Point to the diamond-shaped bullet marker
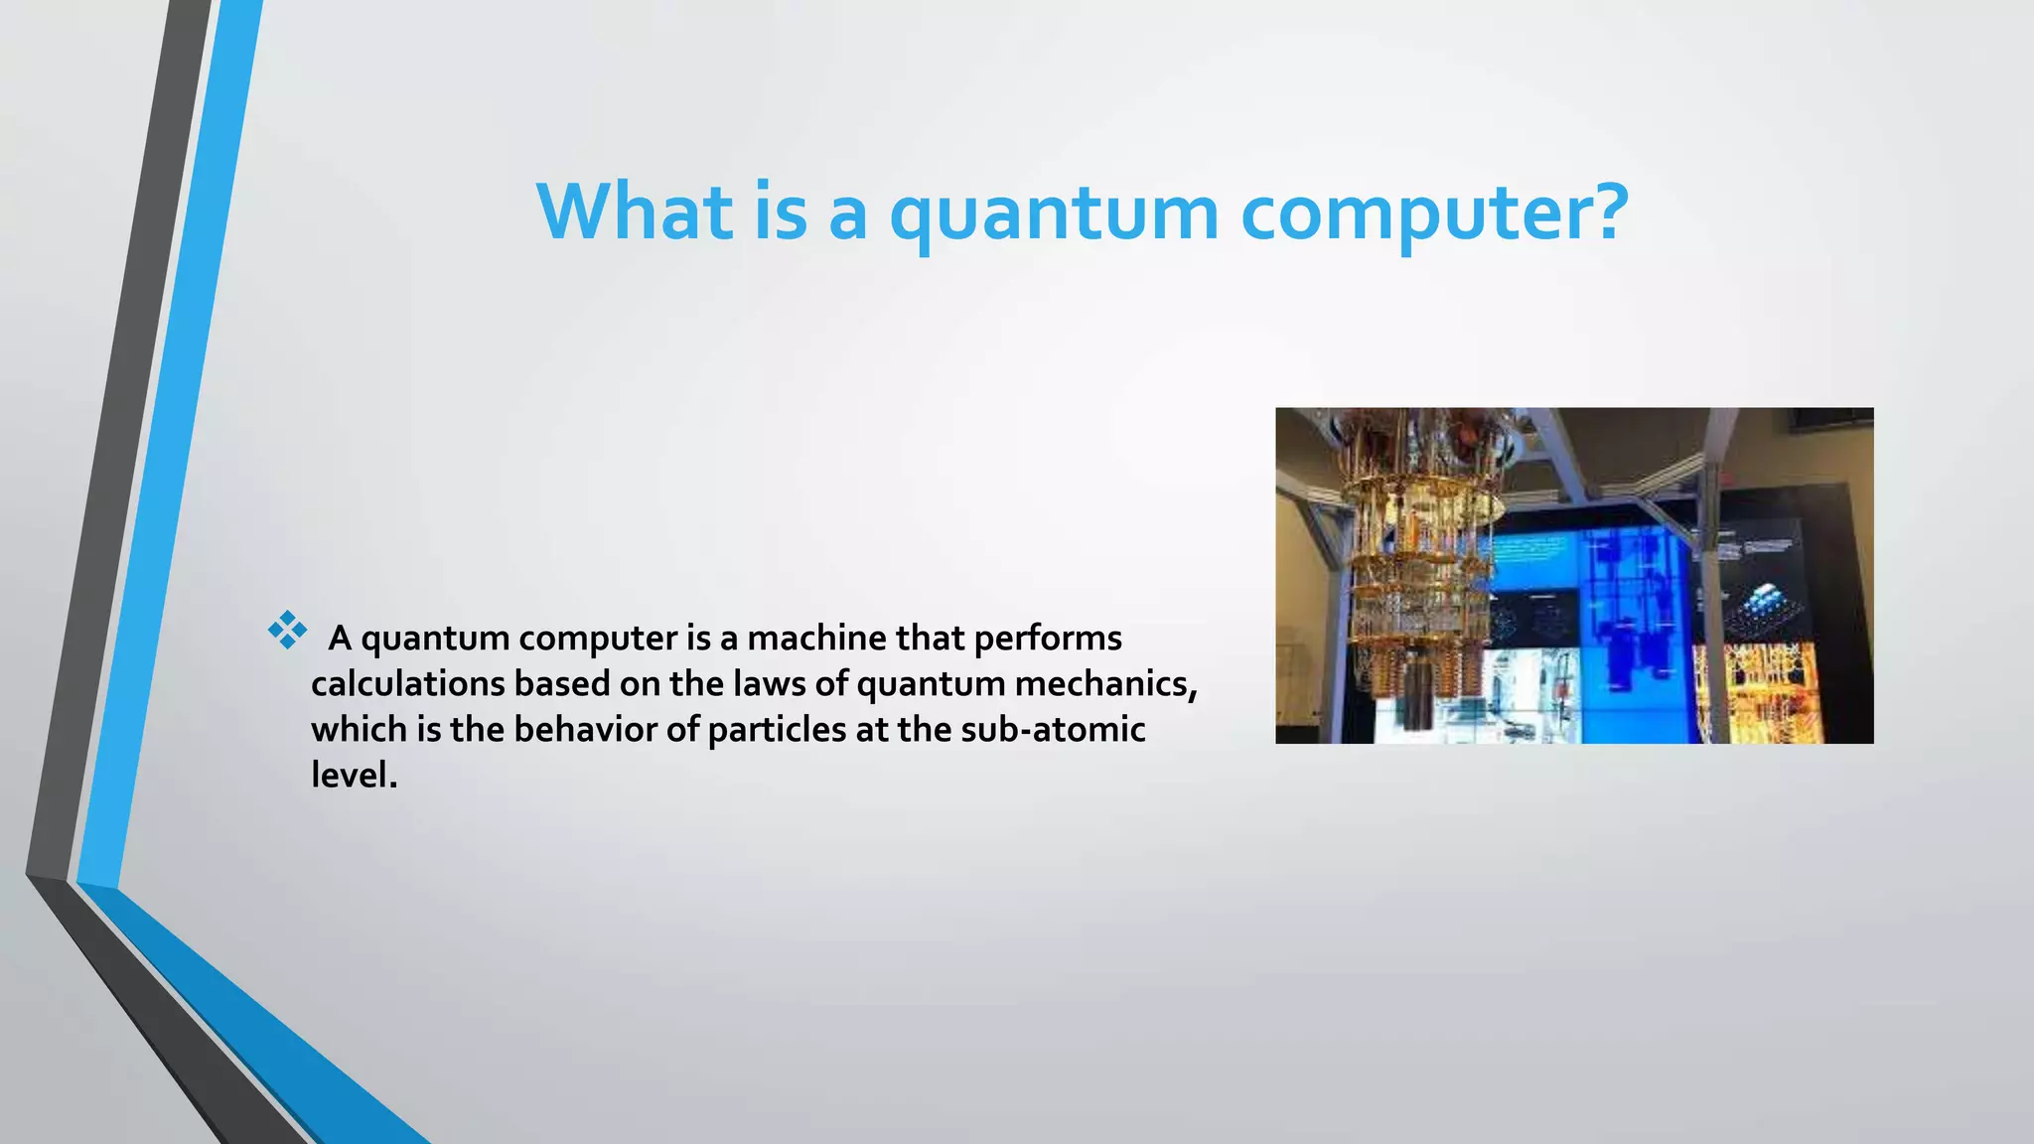[x=287, y=630]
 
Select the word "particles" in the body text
[x=777, y=730]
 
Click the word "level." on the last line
[x=354, y=775]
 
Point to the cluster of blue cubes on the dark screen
[x=1764, y=601]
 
